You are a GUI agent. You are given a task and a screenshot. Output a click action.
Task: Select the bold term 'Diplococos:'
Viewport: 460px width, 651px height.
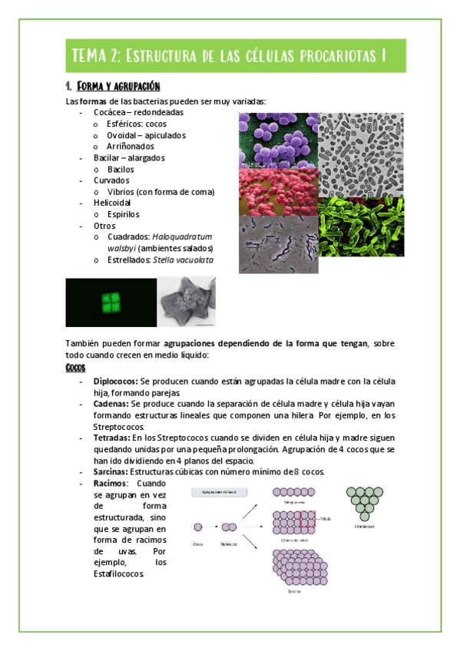point(116,381)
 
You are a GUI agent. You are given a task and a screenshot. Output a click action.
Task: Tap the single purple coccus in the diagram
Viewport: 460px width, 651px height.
point(200,527)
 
